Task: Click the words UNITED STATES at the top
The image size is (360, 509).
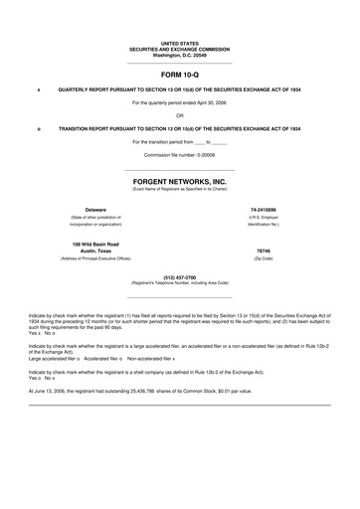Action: point(179,44)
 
